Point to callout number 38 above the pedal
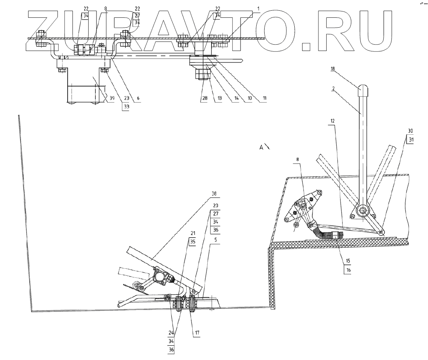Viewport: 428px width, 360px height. click(x=214, y=194)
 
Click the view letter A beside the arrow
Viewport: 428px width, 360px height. click(x=261, y=147)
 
